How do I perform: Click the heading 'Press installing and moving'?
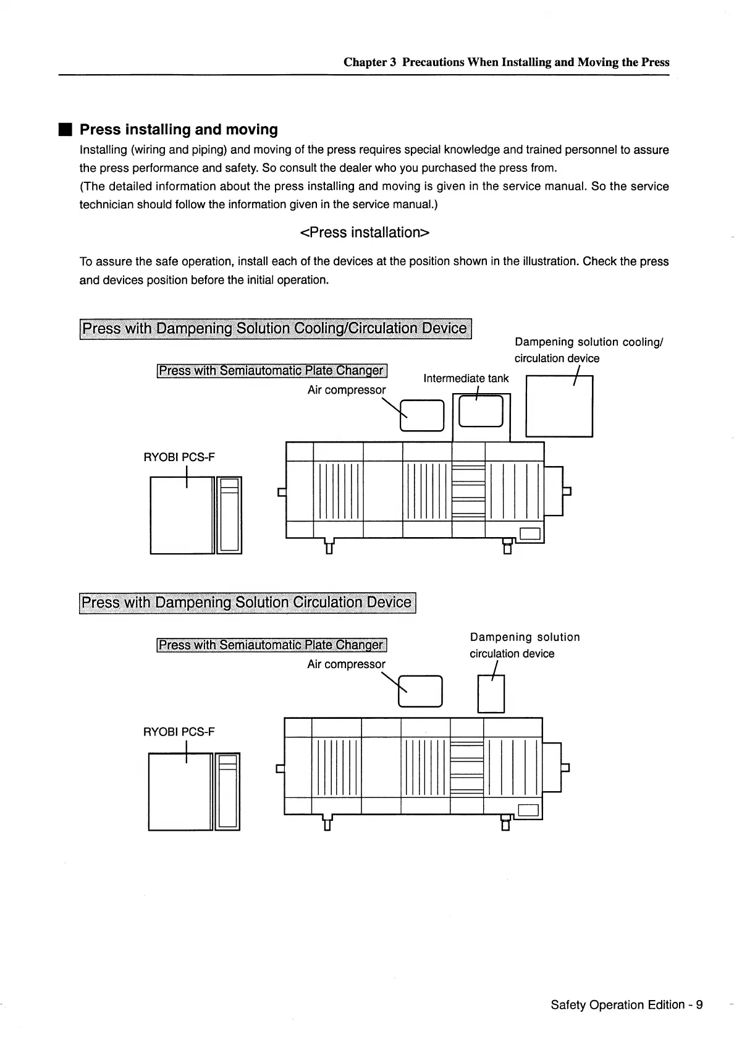pos(179,130)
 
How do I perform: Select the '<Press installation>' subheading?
pos(364,232)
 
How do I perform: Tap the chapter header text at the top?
pos(506,62)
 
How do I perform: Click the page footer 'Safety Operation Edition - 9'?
pos(626,1004)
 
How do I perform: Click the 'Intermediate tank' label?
pos(466,378)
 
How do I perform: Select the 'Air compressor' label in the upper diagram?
pos(346,390)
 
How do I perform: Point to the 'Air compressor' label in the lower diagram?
pos(346,664)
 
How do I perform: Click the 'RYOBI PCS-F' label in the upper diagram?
pos(179,457)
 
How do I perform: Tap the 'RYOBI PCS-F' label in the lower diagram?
pos(179,732)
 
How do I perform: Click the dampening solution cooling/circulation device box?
pos(559,406)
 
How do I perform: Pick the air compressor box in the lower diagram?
pos(421,691)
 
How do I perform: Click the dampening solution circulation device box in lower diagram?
pos(492,693)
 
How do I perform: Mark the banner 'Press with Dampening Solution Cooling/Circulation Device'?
pos(275,328)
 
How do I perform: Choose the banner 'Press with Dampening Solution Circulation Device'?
pos(247,603)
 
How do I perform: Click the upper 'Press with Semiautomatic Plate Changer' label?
pos(271,371)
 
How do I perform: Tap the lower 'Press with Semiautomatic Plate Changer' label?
pos(271,645)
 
